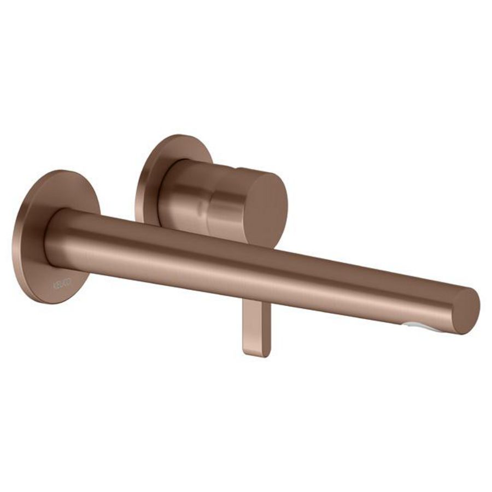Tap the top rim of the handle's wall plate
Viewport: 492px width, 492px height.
coord(180,136)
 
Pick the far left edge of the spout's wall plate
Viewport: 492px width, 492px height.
coord(17,241)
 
